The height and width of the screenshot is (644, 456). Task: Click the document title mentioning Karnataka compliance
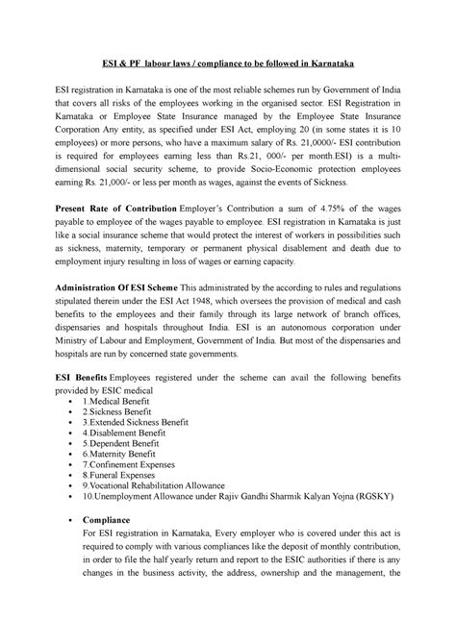(x=228, y=63)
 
